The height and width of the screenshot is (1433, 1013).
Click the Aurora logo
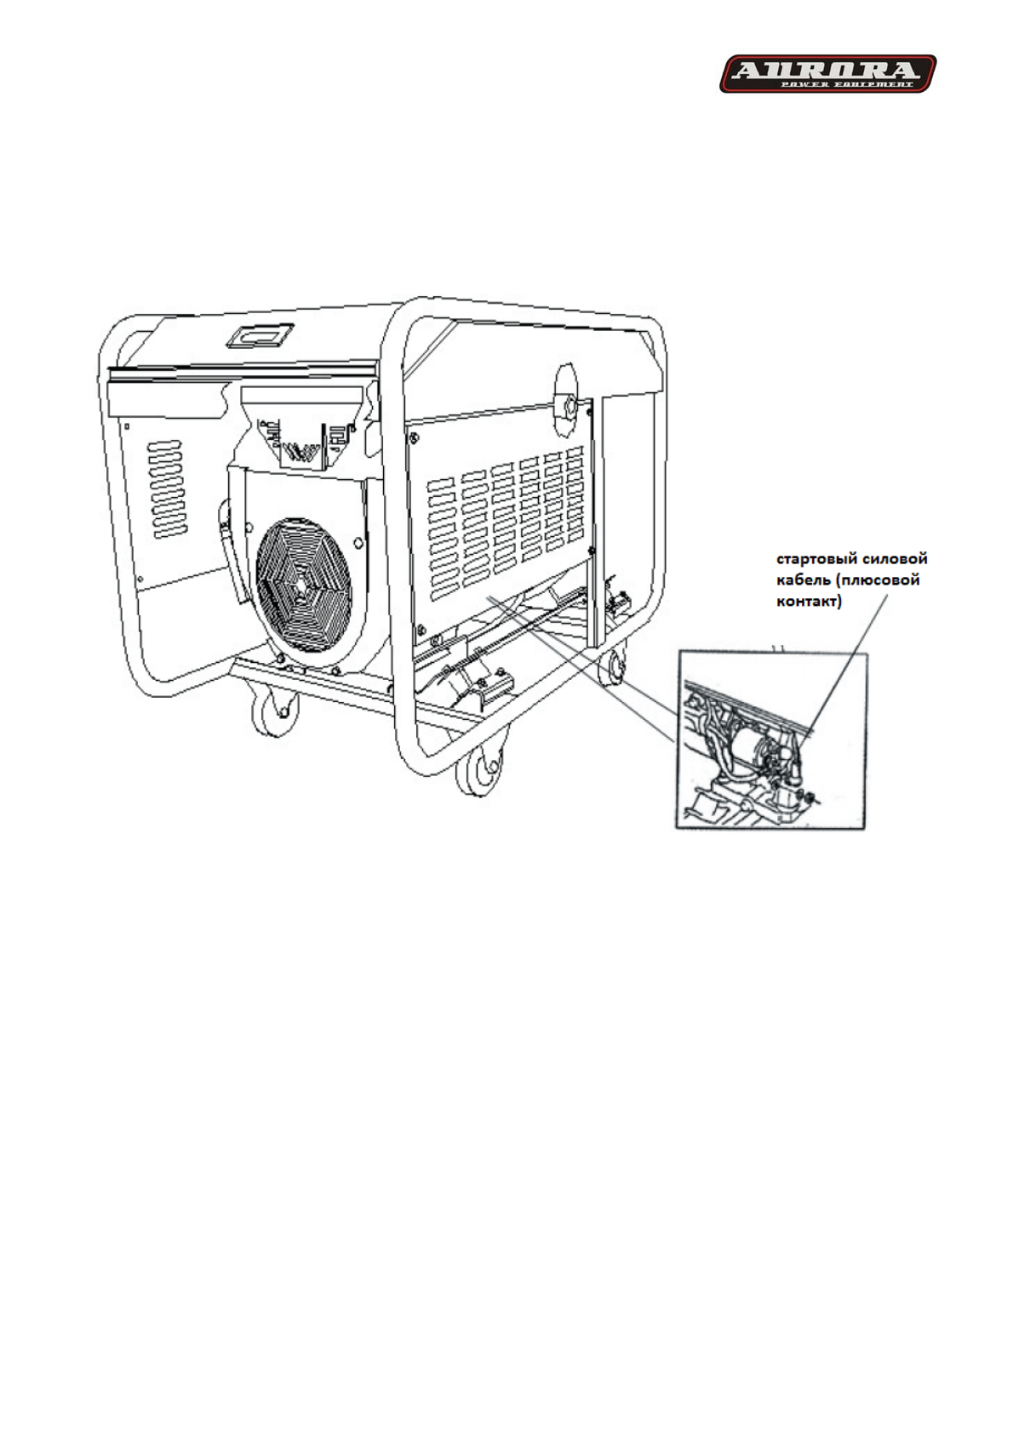(827, 74)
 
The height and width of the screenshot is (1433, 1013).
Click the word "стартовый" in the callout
(814, 559)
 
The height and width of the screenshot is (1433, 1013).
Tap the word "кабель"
(803, 580)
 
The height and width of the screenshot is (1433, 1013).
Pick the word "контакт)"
(809, 602)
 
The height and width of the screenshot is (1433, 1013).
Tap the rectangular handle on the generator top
(259, 335)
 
